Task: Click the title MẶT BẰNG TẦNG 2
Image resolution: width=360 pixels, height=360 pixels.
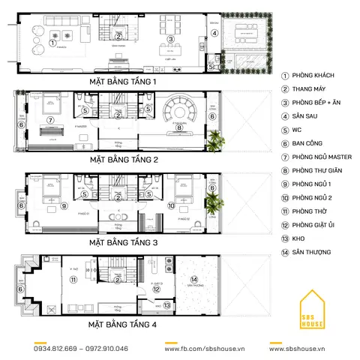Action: (124, 160)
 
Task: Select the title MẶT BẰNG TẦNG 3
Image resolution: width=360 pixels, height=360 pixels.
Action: (124, 242)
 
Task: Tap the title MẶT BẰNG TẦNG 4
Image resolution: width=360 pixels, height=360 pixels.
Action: (124, 324)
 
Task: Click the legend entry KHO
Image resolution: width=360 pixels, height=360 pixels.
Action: (299, 238)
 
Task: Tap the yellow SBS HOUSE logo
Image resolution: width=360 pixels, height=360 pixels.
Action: (316, 308)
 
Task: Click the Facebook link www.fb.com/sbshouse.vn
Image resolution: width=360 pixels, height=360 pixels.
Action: (202, 349)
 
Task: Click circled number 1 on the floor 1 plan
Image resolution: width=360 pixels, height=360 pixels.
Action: (52, 43)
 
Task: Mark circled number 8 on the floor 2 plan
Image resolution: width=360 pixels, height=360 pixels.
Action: (178, 127)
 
